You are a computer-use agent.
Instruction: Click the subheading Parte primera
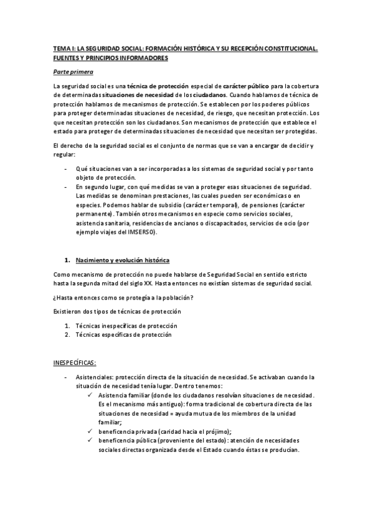tap(73, 73)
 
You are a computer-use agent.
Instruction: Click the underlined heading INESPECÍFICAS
tap(79, 362)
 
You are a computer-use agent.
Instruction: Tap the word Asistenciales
tap(93, 377)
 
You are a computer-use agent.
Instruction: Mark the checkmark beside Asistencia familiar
tap(91, 395)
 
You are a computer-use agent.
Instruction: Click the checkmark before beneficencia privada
tap(91, 431)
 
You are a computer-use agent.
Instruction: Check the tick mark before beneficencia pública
tap(91, 441)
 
